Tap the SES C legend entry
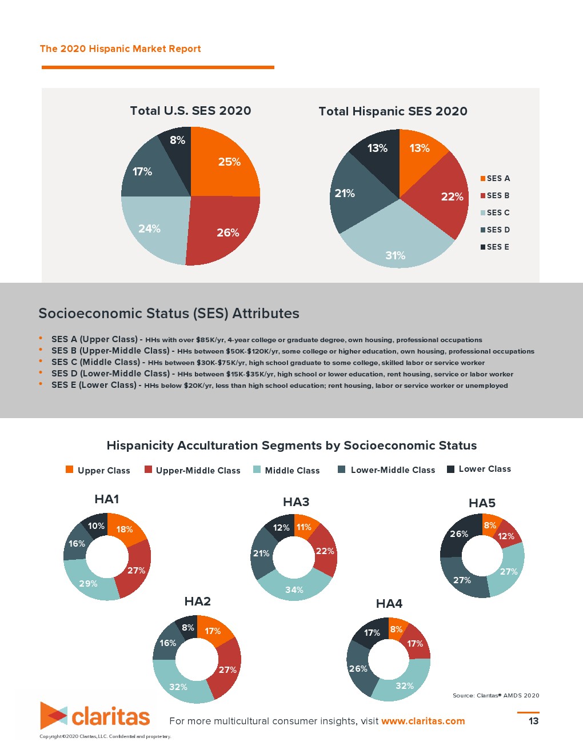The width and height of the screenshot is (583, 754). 495,212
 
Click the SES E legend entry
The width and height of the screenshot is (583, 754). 495,247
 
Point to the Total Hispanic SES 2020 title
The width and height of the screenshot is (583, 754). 393,111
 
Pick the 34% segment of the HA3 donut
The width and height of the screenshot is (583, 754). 294,588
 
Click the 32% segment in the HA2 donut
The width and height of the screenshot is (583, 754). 178,685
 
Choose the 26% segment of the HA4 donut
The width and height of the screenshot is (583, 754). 358,668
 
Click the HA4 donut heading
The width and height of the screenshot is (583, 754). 389,604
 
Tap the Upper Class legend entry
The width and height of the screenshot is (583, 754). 98,470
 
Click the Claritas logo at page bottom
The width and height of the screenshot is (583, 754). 95,716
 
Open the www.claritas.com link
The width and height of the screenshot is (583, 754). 423,721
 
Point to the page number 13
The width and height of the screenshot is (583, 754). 533,721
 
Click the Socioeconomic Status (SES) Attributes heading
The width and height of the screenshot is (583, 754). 169,313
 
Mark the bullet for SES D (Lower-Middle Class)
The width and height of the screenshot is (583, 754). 41,373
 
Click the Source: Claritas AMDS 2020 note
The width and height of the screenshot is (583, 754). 496,695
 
